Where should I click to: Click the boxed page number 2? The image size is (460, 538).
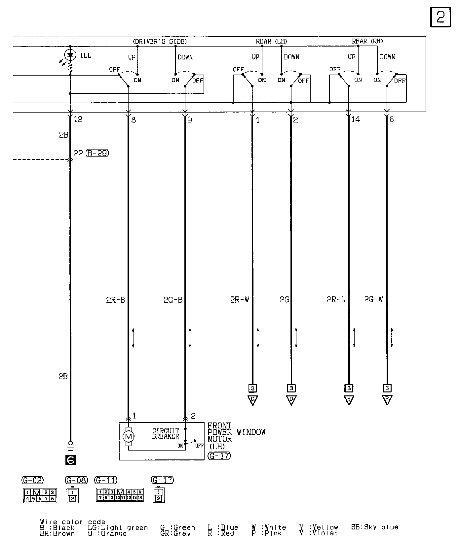441,17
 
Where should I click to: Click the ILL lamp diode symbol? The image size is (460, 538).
70,55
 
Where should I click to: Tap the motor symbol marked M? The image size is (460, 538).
128,437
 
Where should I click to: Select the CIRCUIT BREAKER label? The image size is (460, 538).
166,434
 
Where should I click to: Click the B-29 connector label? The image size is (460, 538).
97,153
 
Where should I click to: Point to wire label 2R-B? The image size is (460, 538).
115,300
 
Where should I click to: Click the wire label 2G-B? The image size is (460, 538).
173,300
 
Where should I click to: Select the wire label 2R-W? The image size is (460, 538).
240,300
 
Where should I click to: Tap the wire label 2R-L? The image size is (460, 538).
336,300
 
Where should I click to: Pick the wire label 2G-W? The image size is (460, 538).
373,300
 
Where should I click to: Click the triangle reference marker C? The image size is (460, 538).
252,400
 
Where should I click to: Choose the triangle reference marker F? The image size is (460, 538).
387,400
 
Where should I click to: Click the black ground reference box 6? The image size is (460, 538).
70,460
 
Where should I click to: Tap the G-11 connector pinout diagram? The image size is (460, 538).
120,494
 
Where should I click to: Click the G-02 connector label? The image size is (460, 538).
33,480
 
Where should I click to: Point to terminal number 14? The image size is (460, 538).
356,119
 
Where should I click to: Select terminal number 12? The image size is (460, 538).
78,119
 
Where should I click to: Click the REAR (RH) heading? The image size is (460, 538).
367,41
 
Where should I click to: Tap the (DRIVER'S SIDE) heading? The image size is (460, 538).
160,42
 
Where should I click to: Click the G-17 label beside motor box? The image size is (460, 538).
219,456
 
